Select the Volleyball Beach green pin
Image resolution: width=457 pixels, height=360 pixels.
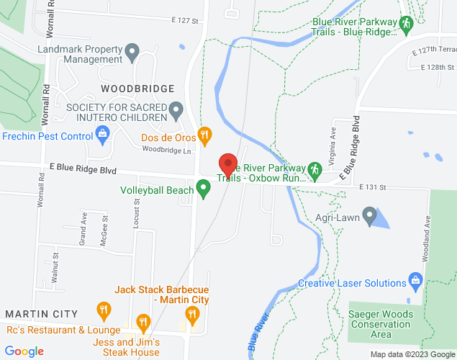[203, 189]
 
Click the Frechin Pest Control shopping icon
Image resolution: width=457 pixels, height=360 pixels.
[103, 135]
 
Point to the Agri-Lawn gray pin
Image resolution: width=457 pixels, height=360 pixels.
[369, 215]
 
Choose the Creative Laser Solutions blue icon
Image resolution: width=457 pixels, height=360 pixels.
[415, 279]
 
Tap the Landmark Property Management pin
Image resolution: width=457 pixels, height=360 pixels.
[132, 52]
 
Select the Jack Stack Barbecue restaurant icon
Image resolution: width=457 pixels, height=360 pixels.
[191, 313]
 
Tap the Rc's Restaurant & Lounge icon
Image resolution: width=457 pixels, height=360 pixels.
[104, 311]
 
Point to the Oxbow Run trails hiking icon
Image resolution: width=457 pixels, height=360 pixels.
[314, 170]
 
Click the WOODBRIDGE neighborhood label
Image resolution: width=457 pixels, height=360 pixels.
[137, 89]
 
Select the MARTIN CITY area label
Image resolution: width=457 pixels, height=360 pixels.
[41, 314]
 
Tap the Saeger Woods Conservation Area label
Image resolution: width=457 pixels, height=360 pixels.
[381, 324]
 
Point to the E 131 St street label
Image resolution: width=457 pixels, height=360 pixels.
[373, 186]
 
